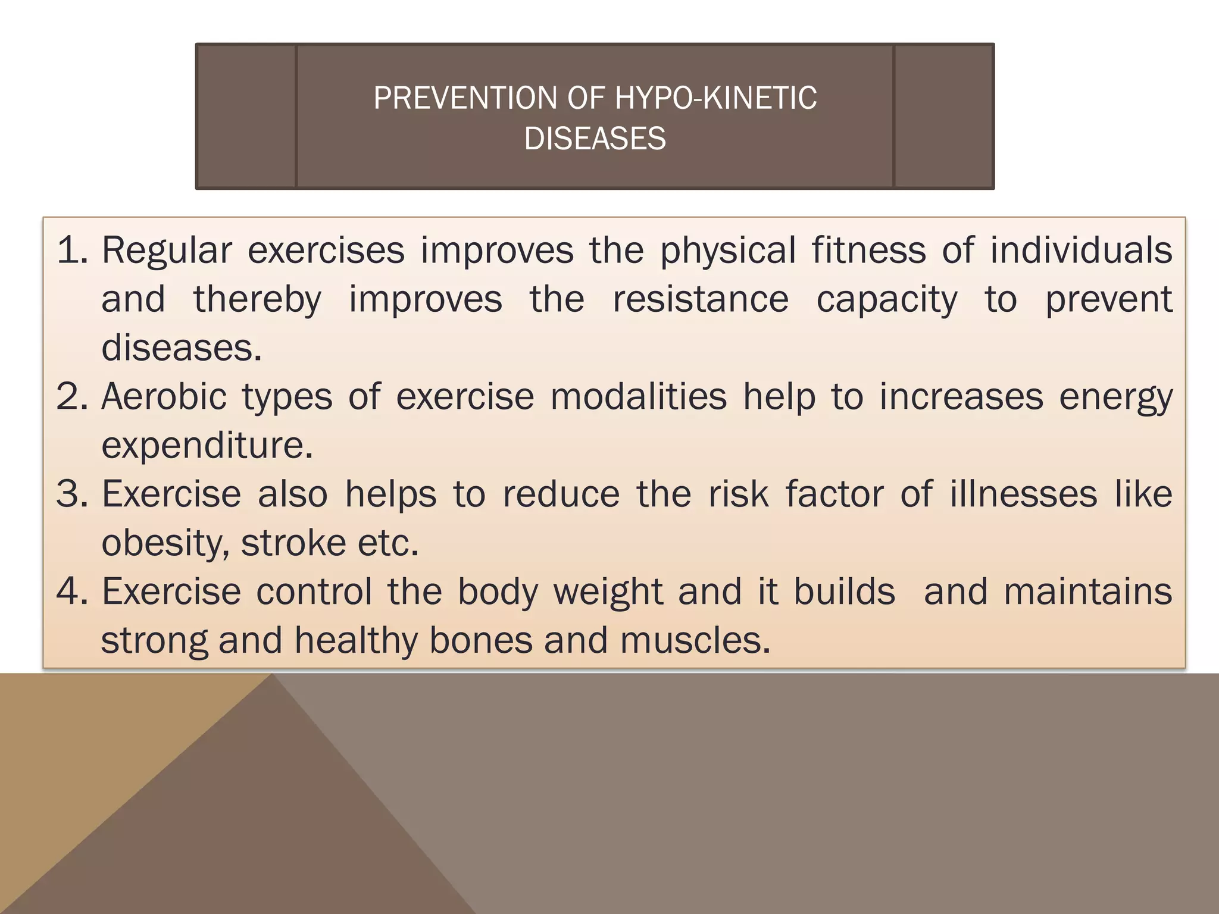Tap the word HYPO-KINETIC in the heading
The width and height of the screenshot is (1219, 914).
pos(715,98)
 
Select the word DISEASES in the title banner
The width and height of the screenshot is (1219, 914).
pos(595,139)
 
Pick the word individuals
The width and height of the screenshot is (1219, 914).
pos(1081,250)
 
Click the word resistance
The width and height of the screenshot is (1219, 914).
pos(701,299)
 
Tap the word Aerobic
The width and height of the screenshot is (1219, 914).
pos(164,396)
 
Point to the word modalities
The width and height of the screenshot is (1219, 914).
pos(639,396)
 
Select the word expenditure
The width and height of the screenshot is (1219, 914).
pos(207,446)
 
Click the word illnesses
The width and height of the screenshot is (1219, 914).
pos(1023,494)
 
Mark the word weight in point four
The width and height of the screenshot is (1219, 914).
pos(608,593)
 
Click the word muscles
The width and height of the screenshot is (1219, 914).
pos(695,640)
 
